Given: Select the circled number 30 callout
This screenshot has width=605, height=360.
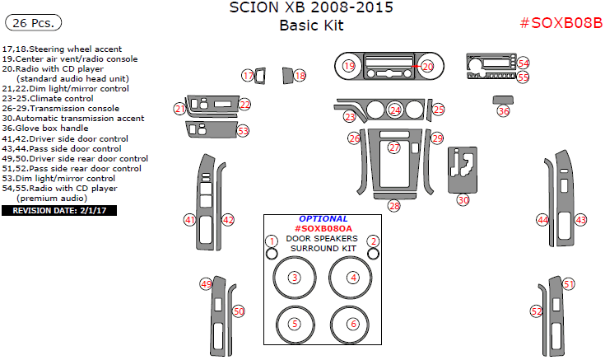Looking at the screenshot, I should pos(463,199).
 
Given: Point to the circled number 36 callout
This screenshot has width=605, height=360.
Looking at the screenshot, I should pos(503,110).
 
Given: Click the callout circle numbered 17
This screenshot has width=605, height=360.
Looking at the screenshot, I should pos(248,76).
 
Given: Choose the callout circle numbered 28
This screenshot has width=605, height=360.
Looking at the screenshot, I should pos(394,205).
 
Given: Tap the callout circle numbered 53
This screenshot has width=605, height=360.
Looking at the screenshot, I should pos(243,130).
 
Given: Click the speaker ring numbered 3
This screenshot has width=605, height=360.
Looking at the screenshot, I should pos(294,278).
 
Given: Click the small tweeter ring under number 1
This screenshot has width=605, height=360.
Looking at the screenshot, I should pos(271,254).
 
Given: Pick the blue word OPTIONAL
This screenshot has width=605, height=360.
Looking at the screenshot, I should pos(323,219).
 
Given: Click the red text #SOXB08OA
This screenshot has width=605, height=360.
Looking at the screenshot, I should pos(323,229).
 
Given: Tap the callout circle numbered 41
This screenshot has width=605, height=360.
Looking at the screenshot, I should pos(190,220).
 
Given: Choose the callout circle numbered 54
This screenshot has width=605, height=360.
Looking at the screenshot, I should pos(524,63).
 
